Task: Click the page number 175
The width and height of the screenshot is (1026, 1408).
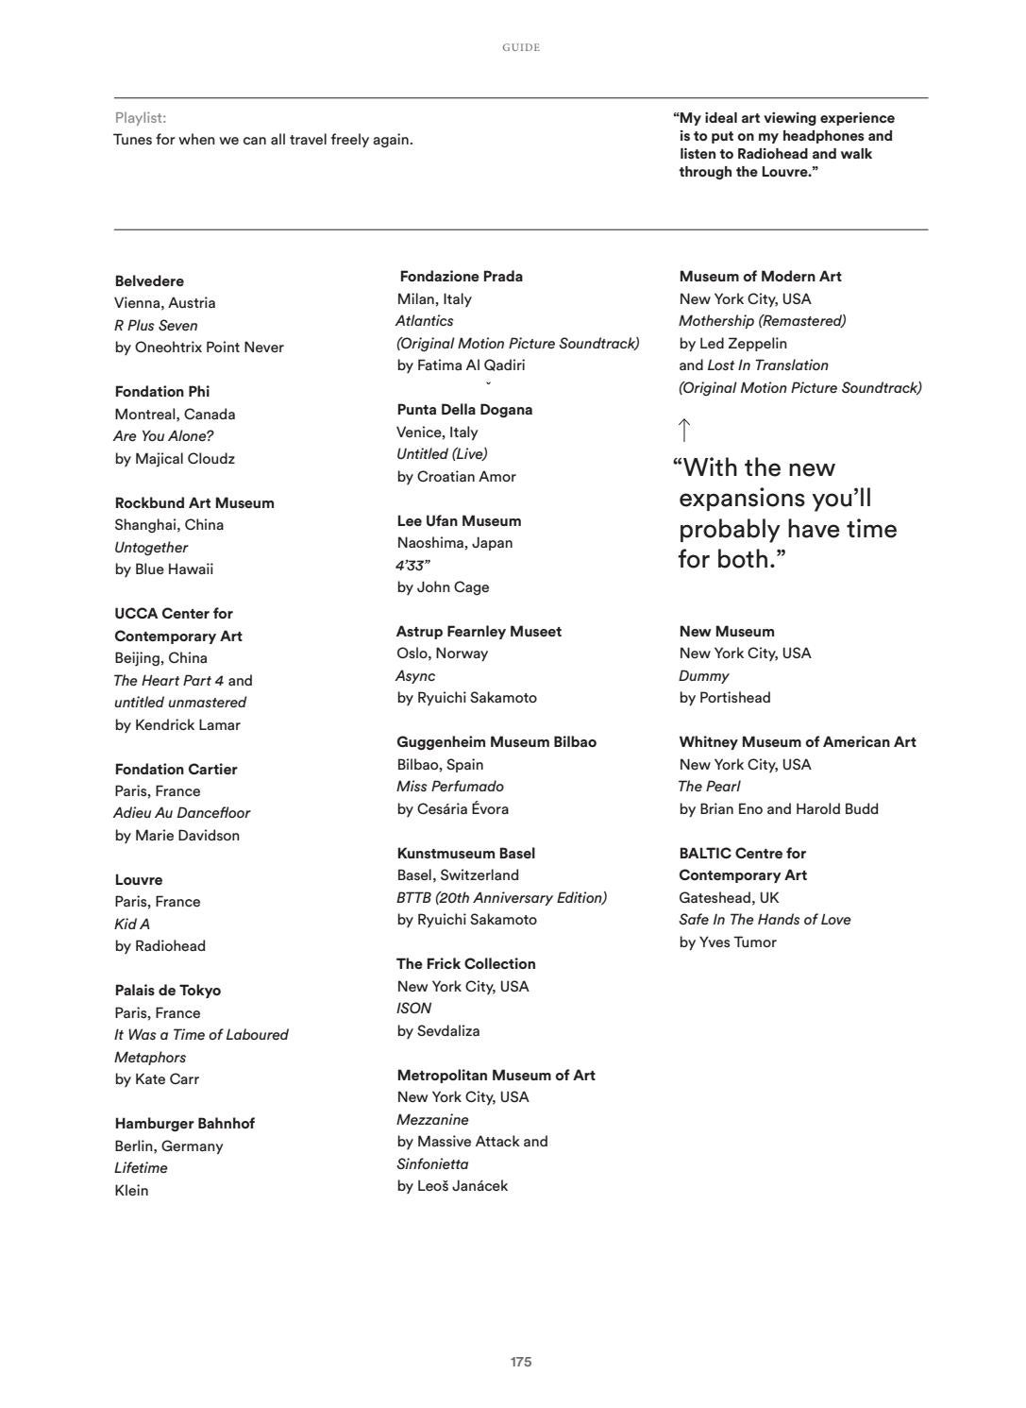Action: [x=521, y=1362]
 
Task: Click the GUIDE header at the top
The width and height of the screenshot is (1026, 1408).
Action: [x=521, y=47]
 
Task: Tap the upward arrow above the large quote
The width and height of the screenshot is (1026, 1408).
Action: [x=684, y=431]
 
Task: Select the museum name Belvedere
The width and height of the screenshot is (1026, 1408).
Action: [x=149, y=281]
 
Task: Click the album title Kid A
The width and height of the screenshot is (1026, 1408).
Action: [x=132, y=924]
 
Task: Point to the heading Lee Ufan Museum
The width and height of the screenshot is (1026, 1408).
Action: [x=459, y=521]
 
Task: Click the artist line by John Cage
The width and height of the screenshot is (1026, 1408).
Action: [x=443, y=587]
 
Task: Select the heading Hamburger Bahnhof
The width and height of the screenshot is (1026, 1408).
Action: [x=184, y=1124]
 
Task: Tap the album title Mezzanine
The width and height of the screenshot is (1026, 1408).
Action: [x=432, y=1120]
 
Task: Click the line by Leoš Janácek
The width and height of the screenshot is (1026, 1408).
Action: [x=452, y=1186]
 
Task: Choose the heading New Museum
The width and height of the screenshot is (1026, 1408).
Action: [x=727, y=632]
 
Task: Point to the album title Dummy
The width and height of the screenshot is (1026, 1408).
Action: [x=703, y=676]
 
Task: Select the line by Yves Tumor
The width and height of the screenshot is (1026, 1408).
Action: [x=728, y=942]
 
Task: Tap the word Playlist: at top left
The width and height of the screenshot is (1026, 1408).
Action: [x=141, y=118]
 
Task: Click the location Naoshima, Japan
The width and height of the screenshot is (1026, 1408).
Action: [x=455, y=543]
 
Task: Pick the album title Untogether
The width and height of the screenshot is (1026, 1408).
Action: [x=151, y=548]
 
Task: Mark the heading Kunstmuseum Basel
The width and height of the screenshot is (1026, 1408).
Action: [x=466, y=854]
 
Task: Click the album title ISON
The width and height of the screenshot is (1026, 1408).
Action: [x=414, y=1009]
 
